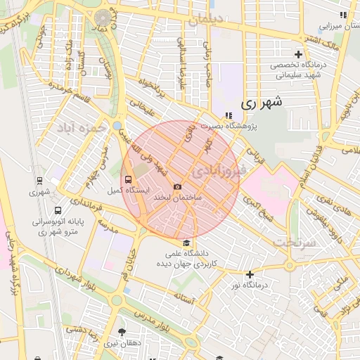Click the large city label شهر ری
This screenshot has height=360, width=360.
pos(261,102)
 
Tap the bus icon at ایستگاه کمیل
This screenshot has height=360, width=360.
pos(127,179)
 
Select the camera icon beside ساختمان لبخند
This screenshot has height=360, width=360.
pos(177,186)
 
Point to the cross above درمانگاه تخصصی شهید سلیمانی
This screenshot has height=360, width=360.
pos(299,54)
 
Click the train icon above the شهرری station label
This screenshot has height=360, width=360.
pos(39,180)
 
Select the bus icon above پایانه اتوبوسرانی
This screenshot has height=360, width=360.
pos(57,210)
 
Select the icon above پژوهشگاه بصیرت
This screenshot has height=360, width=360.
pos(228,115)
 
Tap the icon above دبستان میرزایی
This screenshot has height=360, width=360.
pos(343,15)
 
